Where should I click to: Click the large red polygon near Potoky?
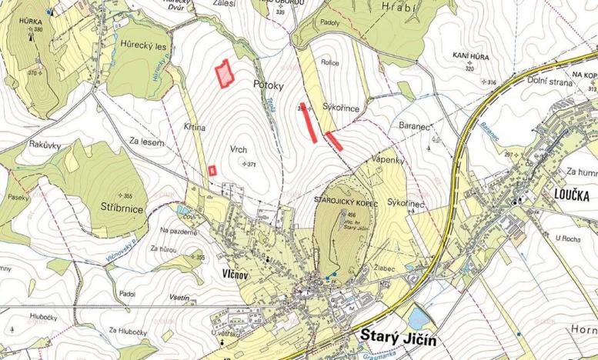tap(223, 74)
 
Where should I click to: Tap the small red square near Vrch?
tap(212, 171)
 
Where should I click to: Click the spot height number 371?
tap(252, 164)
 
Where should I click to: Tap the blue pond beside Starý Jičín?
tap(419, 317)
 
